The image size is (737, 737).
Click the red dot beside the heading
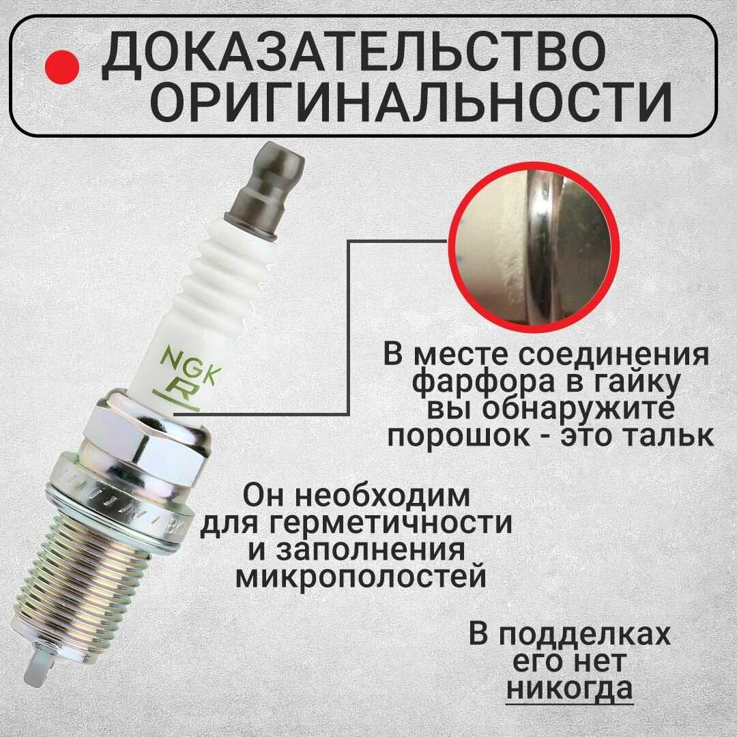click(x=61, y=67)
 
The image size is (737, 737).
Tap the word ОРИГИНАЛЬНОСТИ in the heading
click(x=414, y=103)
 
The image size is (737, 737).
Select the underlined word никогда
click(x=569, y=689)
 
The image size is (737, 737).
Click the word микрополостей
click(x=360, y=576)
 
